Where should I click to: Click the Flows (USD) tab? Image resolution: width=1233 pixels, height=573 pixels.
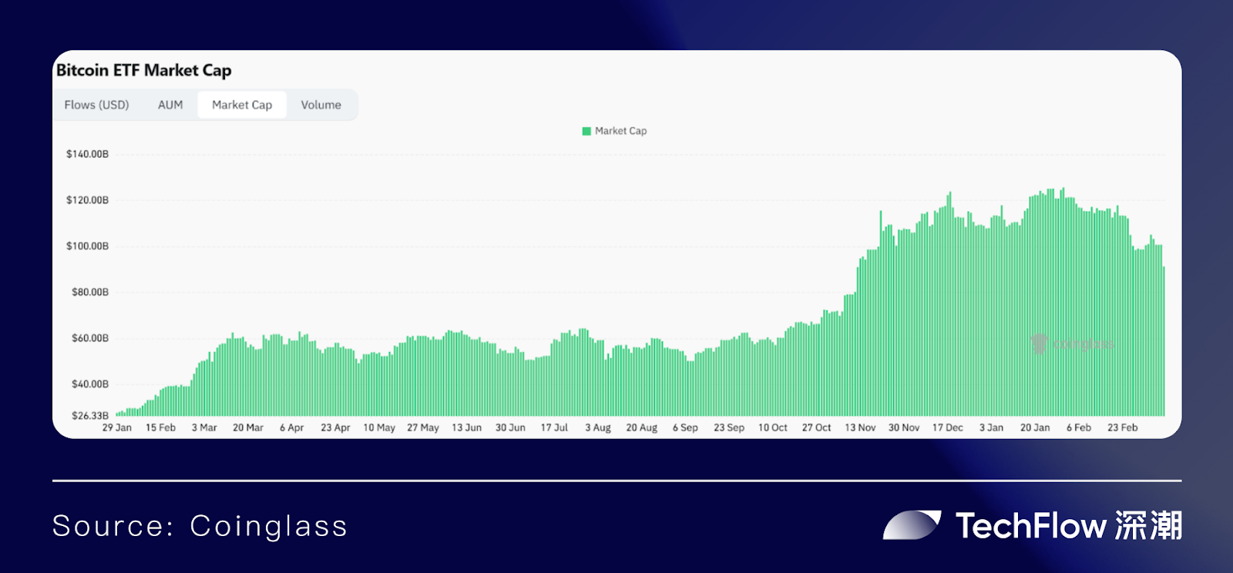pyautogui.click(x=96, y=105)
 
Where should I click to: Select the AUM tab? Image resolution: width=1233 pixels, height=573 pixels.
pyautogui.click(x=170, y=105)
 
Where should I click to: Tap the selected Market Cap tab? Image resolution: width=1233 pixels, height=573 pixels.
pyautogui.click(x=242, y=105)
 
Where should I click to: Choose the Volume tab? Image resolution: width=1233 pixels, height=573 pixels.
pyautogui.click(x=321, y=105)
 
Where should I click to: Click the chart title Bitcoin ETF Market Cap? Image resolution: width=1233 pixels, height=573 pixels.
pyautogui.click(x=144, y=70)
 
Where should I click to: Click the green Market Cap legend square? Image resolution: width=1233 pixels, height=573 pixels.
pyautogui.click(x=586, y=131)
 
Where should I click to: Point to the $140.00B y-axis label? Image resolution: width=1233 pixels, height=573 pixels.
pyautogui.click(x=88, y=154)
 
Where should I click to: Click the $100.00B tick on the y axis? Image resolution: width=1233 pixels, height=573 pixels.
pyautogui.click(x=88, y=246)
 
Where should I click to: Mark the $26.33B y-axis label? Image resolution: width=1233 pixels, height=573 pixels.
pyautogui.click(x=90, y=416)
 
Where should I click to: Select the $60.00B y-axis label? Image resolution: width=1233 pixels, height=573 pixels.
pyautogui.click(x=90, y=338)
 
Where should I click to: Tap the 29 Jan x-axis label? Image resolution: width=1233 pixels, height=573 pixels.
pyautogui.click(x=117, y=427)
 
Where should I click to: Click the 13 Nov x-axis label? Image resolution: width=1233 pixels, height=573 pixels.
pyautogui.click(x=860, y=427)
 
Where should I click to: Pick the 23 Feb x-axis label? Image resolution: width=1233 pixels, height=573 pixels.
pyautogui.click(x=1122, y=427)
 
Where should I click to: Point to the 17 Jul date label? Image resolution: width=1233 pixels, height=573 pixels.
pyautogui.click(x=554, y=427)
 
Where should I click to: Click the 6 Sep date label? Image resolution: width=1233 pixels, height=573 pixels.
pyautogui.click(x=685, y=427)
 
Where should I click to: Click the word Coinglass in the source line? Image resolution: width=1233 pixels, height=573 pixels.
pyautogui.click(x=268, y=527)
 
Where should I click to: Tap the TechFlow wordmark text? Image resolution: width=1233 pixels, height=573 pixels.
pyautogui.click(x=1031, y=526)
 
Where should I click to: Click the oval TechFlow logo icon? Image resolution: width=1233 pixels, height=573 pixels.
pyautogui.click(x=912, y=525)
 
